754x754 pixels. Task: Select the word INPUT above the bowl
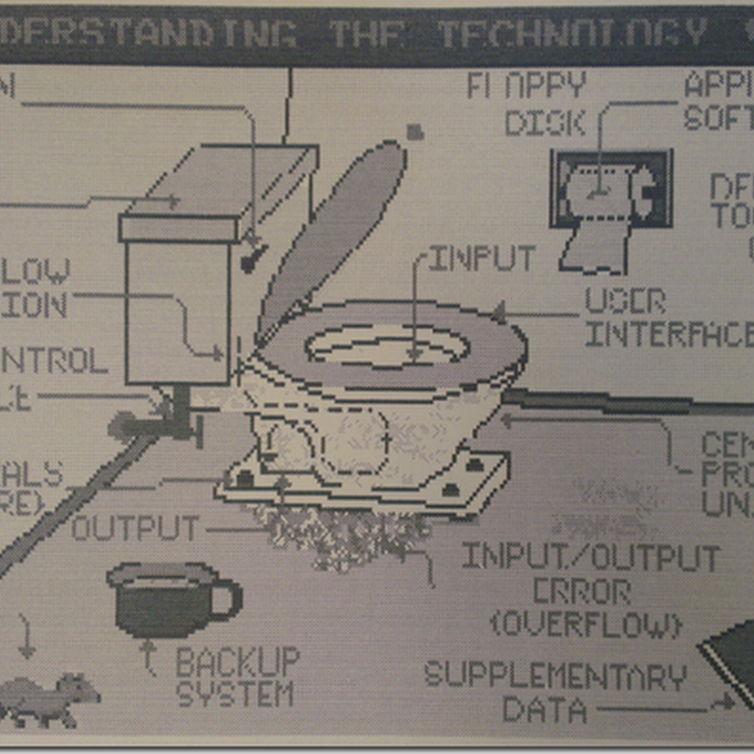tap(483, 258)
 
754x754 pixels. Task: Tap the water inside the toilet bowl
tap(386, 347)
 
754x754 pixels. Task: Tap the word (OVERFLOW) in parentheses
tap(585, 624)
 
